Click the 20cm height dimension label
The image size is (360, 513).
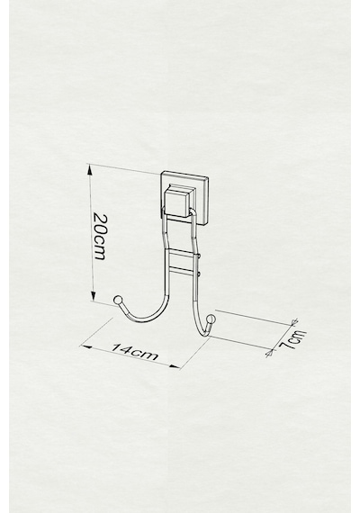[100, 236]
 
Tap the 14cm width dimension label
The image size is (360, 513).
[135, 352]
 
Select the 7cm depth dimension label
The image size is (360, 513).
[293, 340]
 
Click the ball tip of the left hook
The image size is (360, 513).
[118, 300]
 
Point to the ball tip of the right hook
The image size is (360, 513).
[211, 319]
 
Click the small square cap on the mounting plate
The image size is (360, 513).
[177, 201]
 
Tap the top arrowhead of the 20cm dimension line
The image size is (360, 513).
[90, 169]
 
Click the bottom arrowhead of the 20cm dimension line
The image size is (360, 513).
[94, 296]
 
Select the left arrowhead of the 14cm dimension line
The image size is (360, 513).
[85, 346]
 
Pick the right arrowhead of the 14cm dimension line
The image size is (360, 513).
[175, 366]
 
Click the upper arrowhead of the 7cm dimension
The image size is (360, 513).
[294, 321]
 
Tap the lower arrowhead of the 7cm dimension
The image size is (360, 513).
[270, 353]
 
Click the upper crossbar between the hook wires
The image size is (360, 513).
[181, 252]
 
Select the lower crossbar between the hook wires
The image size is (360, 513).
[181, 270]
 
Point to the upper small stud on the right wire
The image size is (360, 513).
[198, 256]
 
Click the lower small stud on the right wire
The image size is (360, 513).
[198, 272]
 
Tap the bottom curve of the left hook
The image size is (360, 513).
[143, 320]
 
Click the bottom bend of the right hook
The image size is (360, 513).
[202, 331]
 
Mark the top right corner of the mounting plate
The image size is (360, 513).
[209, 177]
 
